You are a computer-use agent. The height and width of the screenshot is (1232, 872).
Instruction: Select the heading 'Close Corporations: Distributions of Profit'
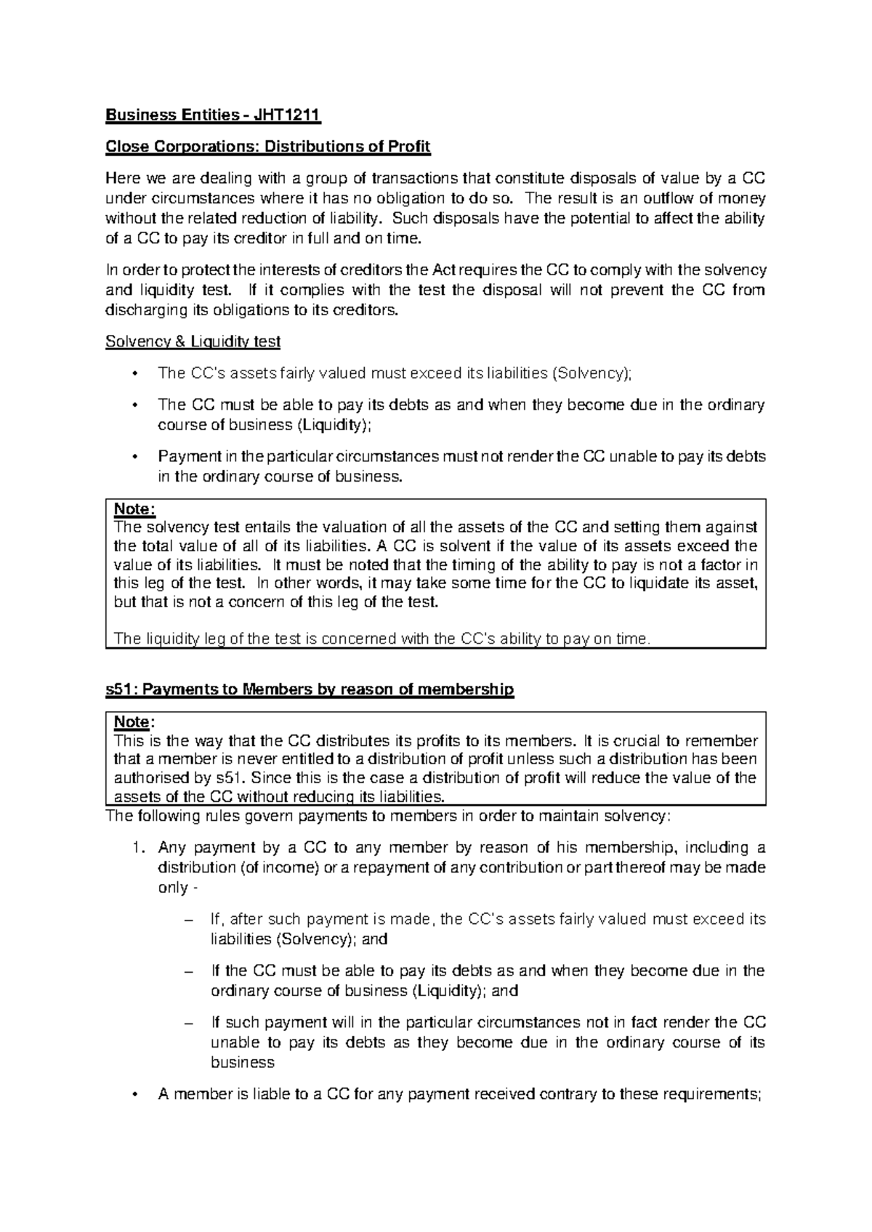pyautogui.click(x=268, y=147)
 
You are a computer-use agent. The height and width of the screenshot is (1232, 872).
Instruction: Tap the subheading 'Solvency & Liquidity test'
pyautogui.click(x=193, y=341)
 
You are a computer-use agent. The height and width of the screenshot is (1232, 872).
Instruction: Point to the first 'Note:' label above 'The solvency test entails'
pyautogui.click(x=134, y=509)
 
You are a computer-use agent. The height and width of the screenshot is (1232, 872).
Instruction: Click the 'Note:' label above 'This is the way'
pyautogui.click(x=134, y=723)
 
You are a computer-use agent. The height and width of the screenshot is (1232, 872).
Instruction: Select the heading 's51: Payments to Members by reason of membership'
pyautogui.click(x=310, y=689)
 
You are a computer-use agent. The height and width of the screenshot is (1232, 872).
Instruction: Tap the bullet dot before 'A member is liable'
pyautogui.click(x=132, y=1095)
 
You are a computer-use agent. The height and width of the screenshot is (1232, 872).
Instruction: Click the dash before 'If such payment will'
pyautogui.click(x=190, y=1023)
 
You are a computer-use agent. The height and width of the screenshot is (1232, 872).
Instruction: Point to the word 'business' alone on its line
pyautogui.click(x=242, y=1062)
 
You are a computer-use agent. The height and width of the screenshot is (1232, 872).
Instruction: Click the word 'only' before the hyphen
pyautogui.click(x=172, y=888)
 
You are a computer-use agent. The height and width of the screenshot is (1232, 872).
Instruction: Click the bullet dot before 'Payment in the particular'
pyautogui.click(x=132, y=457)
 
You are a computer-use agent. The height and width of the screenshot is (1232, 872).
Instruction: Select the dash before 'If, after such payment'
pyautogui.click(x=190, y=920)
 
